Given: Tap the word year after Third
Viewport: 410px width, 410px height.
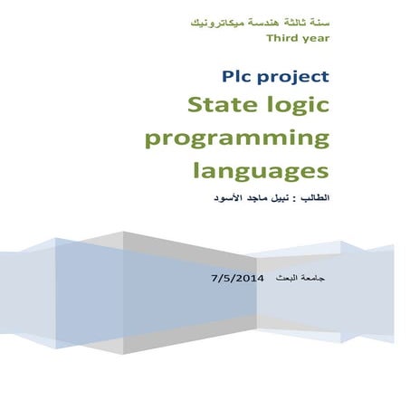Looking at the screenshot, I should [x=313, y=38].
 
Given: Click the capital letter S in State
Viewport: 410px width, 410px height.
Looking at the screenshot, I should [x=195, y=106].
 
